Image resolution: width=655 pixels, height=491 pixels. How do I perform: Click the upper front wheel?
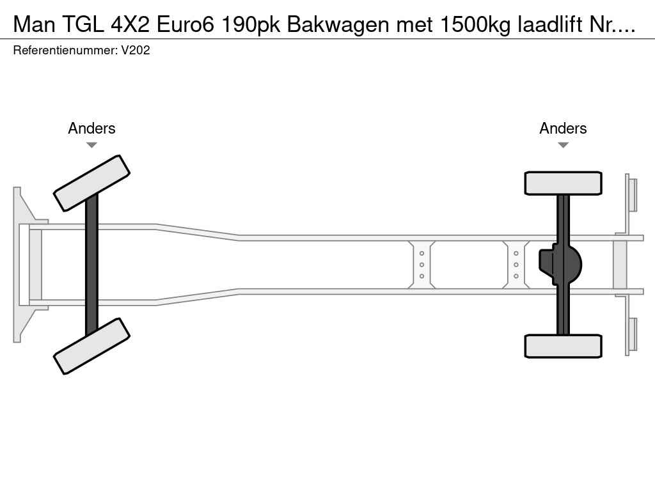tap(91, 183)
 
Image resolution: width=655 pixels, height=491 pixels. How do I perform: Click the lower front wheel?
tap(91, 346)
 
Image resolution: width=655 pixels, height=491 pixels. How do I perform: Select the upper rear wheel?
tap(563, 183)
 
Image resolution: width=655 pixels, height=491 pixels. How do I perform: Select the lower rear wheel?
tap(563, 346)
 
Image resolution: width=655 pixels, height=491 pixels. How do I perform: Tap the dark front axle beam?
tap(91, 265)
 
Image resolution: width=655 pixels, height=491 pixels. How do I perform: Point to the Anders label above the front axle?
tap(91, 128)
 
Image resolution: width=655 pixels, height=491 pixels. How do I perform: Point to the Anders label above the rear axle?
tap(563, 128)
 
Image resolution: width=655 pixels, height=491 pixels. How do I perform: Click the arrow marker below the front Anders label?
tap(91, 145)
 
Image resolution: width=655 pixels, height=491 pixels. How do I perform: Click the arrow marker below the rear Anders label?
tap(563, 145)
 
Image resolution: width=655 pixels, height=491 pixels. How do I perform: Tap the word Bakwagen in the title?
tap(339, 25)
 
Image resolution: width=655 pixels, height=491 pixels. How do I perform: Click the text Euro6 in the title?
tap(185, 25)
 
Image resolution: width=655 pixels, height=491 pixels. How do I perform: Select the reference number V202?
tap(136, 51)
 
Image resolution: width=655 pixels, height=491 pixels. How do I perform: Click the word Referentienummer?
tap(65, 51)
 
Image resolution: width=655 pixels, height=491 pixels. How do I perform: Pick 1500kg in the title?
tap(475, 25)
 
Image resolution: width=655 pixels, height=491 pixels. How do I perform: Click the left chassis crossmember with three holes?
tap(422, 265)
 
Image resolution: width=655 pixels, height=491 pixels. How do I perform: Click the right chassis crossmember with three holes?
tap(516, 265)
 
